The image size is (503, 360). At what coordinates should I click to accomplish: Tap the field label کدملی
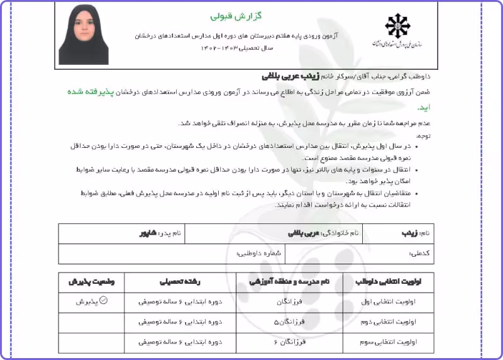pyautogui.click(x=419, y=254)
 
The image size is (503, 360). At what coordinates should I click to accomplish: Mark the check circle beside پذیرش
pyautogui.click(x=104, y=301)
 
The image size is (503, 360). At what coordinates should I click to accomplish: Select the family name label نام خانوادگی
pyautogui.click(x=340, y=233)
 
